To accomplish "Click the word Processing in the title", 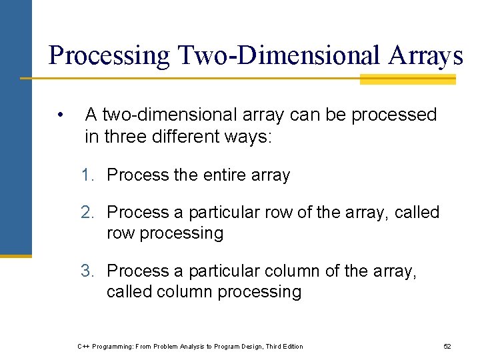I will tap(109, 55).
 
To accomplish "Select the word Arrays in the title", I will tap(423, 55).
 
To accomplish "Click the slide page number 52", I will tap(447, 347).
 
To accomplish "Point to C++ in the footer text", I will tap(84, 347).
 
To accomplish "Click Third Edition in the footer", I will tap(284, 347).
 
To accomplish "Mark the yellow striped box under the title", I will tap(407, 79).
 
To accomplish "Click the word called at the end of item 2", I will tap(417, 213).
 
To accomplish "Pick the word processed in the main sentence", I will tap(393, 115).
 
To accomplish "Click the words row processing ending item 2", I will tap(165, 233).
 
